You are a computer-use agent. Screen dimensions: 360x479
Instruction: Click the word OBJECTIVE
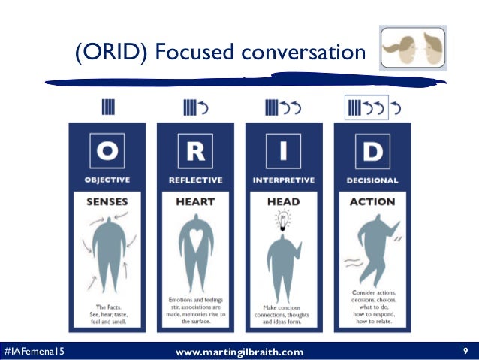(107, 180)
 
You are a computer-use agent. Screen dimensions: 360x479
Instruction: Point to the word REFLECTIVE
(195, 180)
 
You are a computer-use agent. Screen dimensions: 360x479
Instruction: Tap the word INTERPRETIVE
(284, 180)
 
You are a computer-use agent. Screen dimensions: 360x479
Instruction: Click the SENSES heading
(107, 201)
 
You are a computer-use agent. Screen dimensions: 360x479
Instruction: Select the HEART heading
(195, 201)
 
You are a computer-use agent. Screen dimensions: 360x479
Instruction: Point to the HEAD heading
(284, 201)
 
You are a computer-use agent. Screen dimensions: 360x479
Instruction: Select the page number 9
(465, 351)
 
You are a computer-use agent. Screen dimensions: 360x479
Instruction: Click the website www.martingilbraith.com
(239, 352)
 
